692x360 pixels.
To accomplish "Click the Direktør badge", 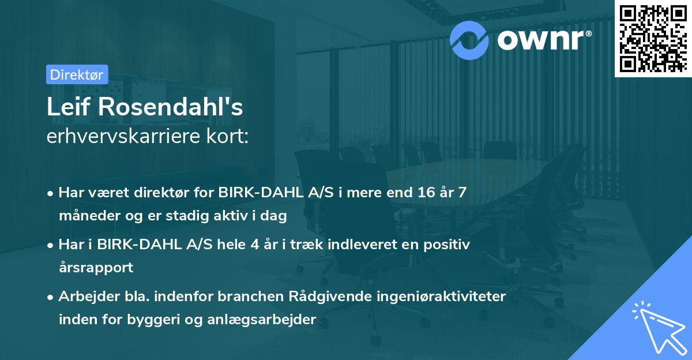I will (77, 74).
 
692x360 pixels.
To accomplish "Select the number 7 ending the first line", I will (462, 193).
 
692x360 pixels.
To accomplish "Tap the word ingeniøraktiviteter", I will (445, 297).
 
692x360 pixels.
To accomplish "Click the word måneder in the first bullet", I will (86, 216).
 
